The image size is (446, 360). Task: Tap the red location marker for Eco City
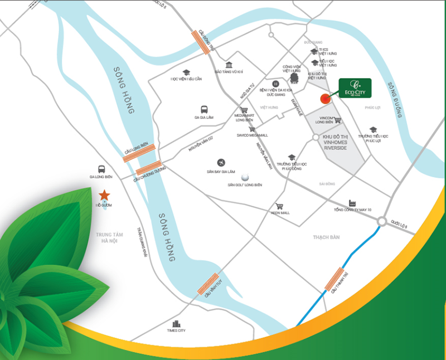click(324, 99)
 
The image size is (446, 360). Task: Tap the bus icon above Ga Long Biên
click(101, 168)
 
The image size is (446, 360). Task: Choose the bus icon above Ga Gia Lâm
click(205, 110)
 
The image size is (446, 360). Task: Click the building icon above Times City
click(177, 323)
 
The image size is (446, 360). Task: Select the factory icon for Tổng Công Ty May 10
click(352, 203)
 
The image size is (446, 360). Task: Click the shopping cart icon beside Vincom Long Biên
click(338, 119)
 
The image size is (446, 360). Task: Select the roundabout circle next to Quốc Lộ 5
click(382, 222)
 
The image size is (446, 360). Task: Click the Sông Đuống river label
click(395, 101)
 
